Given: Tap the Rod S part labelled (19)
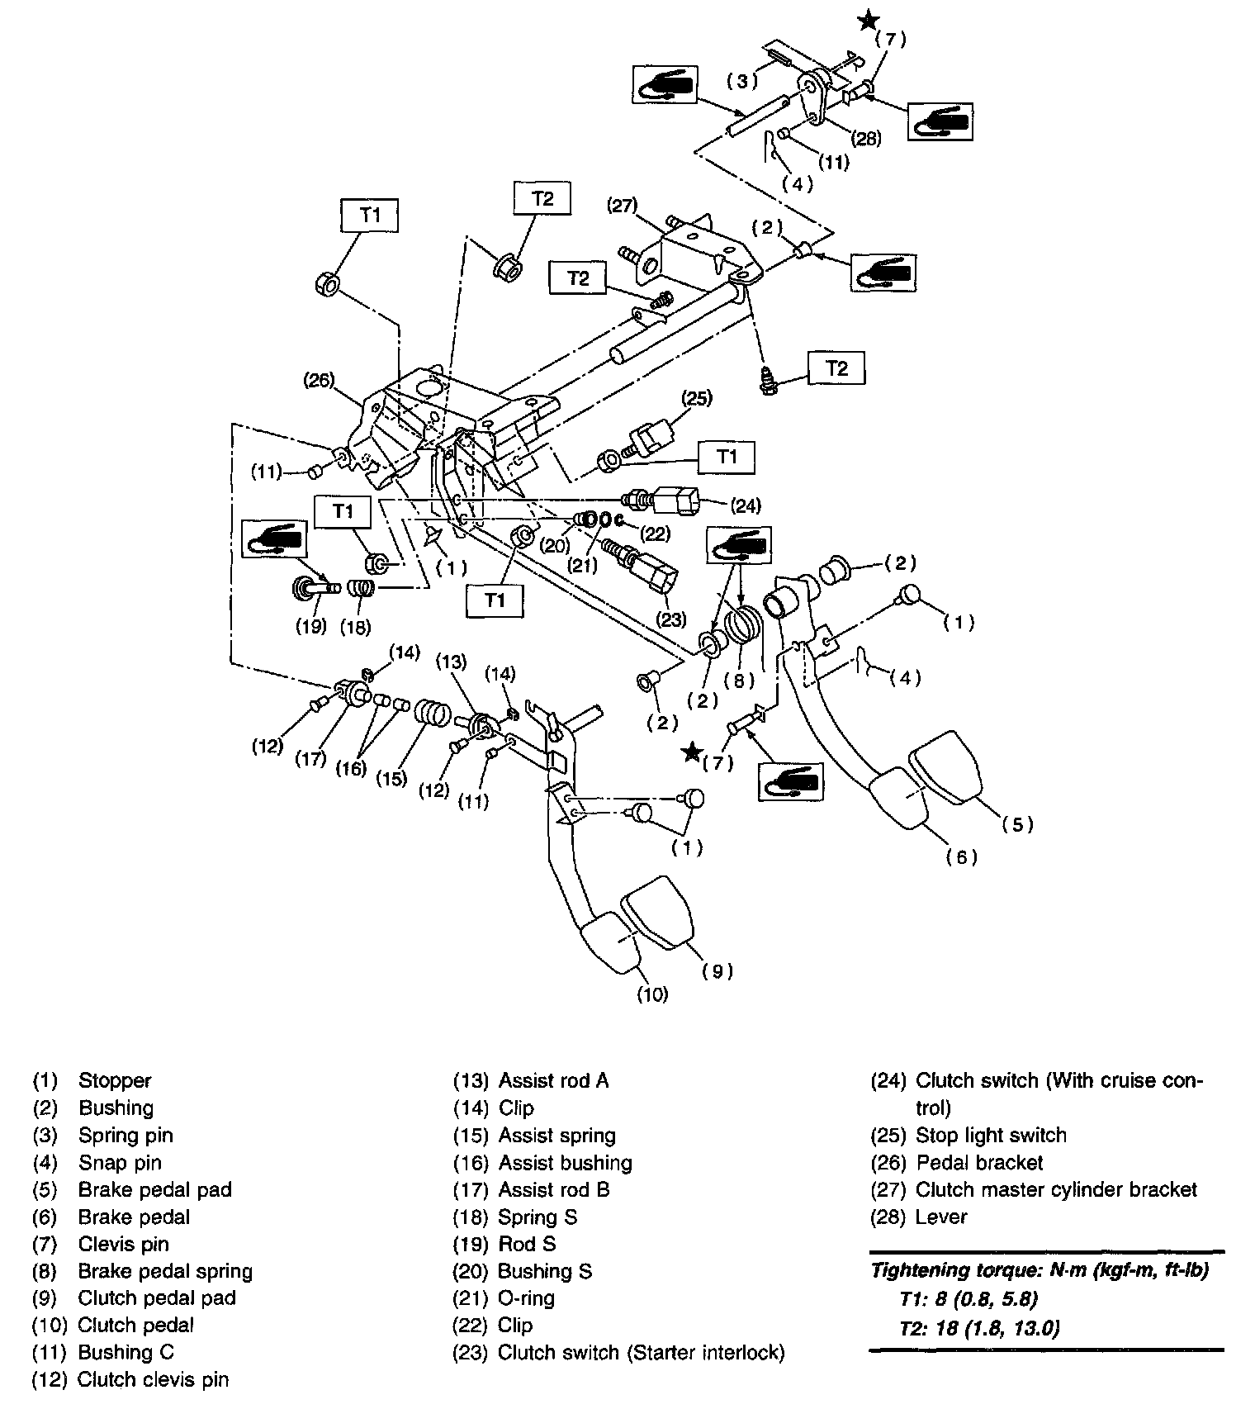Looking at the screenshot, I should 314,589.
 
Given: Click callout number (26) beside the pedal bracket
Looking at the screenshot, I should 320,381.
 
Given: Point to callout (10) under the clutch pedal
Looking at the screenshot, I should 651,995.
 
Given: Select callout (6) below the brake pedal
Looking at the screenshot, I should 962,857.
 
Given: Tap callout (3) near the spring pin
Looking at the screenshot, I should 741,81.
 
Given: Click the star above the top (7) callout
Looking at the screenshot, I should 868,21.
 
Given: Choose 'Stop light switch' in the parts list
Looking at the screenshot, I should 991,1135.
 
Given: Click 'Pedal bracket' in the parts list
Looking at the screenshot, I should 979,1162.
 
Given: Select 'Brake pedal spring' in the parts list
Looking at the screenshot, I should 165,1271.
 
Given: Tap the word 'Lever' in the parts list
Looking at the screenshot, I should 941,1217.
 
